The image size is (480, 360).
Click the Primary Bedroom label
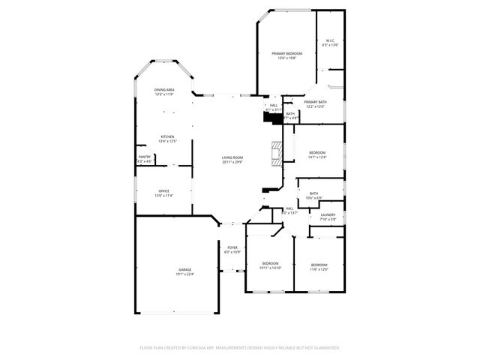point(286,53)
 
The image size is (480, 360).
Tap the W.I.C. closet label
point(330,40)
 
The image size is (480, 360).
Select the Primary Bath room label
point(315,102)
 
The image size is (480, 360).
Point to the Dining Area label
point(164,89)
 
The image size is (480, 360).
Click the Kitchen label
point(166,136)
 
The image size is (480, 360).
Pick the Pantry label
point(144,157)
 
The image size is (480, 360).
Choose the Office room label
point(163,191)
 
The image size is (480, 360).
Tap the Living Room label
point(232,157)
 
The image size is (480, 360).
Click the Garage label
point(184,269)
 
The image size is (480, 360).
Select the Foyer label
point(232,247)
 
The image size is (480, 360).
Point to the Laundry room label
point(328,215)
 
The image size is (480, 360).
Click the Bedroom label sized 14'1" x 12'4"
point(318,152)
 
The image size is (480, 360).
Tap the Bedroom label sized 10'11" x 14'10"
point(270,262)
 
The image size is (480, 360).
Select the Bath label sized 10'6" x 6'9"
point(314,193)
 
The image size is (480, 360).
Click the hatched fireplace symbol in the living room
point(277,152)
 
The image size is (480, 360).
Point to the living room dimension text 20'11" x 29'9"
point(232,162)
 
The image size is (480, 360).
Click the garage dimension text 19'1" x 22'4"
point(184,274)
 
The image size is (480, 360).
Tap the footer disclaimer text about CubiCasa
point(240,348)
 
